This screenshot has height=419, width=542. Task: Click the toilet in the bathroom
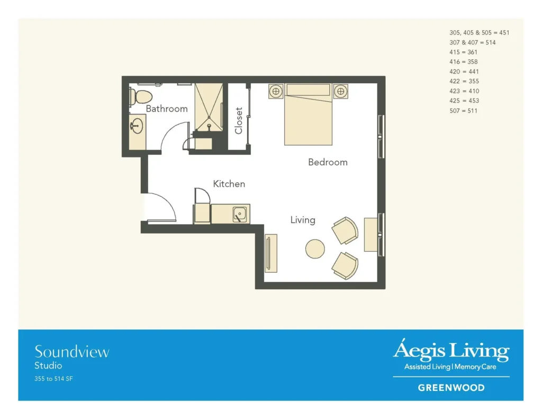pyautogui.click(x=141, y=96)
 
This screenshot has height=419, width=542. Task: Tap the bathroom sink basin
pyautogui.click(x=137, y=126)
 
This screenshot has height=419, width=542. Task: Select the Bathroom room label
pyautogui.click(x=167, y=109)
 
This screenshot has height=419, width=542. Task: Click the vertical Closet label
pyautogui.click(x=239, y=120)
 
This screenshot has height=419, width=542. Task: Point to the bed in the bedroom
pyautogui.click(x=309, y=114)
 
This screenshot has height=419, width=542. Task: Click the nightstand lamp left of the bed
pyautogui.click(x=276, y=91)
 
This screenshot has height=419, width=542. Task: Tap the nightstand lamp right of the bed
pyautogui.click(x=341, y=91)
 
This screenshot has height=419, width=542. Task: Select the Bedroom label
pyautogui.click(x=328, y=162)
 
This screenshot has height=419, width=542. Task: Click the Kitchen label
pyautogui.click(x=229, y=184)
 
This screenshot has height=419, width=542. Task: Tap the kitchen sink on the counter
pyautogui.click(x=240, y=214)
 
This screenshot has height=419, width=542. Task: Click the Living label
pyautogui.click(x=303, y=220)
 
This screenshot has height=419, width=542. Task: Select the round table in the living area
pyautogui.click(x=315, y=249)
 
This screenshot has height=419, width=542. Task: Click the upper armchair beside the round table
pyautogui.click(x=345, y=230)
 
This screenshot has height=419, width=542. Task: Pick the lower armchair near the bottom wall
pyautogui.click(x=345, y=266)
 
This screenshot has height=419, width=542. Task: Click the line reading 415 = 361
pyautogui.click(x=463, y=52)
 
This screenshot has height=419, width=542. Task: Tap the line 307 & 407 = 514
pyautogui.click(x=473, y=42)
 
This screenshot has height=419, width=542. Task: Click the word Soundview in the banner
pyautogui.click(x=72, y=352)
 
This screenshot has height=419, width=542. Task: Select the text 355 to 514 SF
pyautogui.click(x=53, y=379)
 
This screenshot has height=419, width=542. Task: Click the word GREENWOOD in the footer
pyautogui.click(x=451, y=388)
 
